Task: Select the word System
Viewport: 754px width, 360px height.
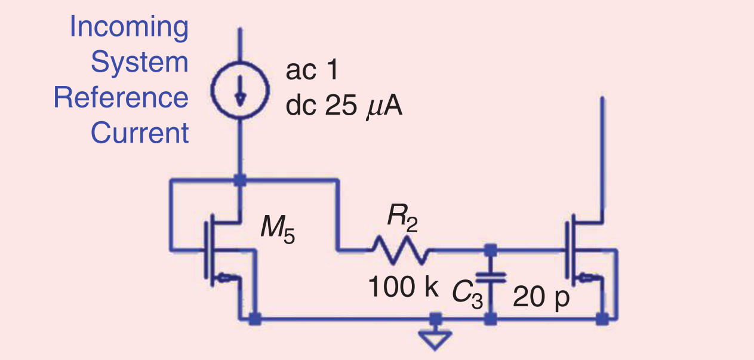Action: coord(139,63)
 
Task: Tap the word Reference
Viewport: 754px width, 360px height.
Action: coord(121,98)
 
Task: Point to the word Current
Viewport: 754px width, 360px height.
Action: coord(139,133)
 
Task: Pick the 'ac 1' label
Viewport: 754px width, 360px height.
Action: coord(312,71)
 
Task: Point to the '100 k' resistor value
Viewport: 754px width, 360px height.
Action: coord(401,288)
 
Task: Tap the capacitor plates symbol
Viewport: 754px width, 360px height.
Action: coord(491,277)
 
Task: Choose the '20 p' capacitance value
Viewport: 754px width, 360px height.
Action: coord(541,297)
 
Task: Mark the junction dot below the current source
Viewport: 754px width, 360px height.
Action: coord(239,179)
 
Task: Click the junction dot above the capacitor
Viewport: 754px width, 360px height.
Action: coord(491,249)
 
